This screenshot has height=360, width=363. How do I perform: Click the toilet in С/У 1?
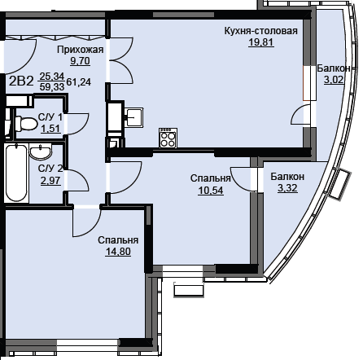pyautogui.click(x=26, y=124)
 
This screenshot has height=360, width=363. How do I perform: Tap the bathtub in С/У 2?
pyautogui.click(x=16, y=173)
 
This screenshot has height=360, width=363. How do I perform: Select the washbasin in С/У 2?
pyautogui.click(x=41, y=152)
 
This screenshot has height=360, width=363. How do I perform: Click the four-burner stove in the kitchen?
pyautogui.click(x=168, y=138)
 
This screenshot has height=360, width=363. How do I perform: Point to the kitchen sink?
pyautogui.click(x=134, y=117)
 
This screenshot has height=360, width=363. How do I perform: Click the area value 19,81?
pyautogui.click(x=261, y=42)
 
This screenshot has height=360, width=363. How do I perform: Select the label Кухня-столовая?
pyautogui.click(x=261, y=31)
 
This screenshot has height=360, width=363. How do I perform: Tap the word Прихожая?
pyautogui.click(x=81, y=50)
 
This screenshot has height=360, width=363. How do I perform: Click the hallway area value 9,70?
pyautogui.click(x=80, y=61)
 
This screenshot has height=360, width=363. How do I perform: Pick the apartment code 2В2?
pyautogui.click(x=21, y=81)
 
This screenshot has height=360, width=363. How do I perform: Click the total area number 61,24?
pyautogui.click(x=78, y=81)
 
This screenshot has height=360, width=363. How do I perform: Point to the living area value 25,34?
pyautogui.click(x=52, y=77)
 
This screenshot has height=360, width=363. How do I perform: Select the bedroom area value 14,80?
pyautogui.click(x=118, y=252)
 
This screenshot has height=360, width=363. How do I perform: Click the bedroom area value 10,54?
pyautogui.click(x=211, y=191)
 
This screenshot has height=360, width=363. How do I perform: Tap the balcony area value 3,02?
pyautogui.click(x=334, y=80)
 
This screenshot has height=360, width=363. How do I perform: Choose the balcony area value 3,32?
pyautogui.click(x=287, y=188)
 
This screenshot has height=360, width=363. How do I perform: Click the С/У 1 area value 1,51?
pyautogui.click(x=50, y=129)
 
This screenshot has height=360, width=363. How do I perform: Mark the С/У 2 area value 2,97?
pyautogui.click(x=50, y=180)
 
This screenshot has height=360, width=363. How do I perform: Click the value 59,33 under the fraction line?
pyautogui.click(x=52, y=86)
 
